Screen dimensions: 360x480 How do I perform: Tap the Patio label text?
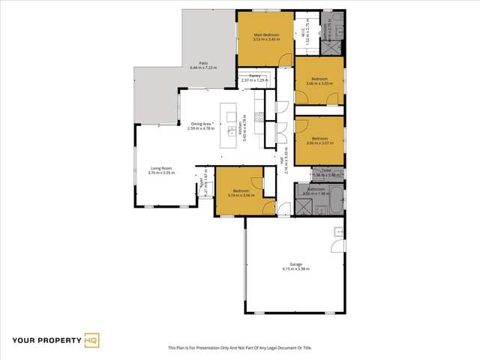coord(203,64)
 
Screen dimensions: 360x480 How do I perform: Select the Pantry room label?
coord(247,76)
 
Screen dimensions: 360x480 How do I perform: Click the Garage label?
coord(296,263)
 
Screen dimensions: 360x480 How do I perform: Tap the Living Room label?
coord(161,168)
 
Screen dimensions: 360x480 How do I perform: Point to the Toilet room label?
coord(326,171)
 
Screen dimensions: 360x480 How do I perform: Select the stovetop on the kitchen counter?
coord(259,117)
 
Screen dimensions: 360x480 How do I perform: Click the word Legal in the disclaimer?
coord(277,348)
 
